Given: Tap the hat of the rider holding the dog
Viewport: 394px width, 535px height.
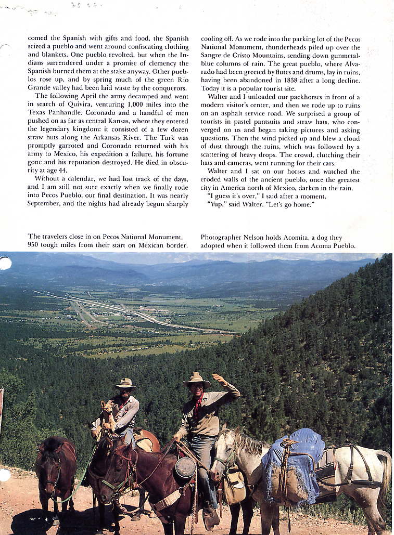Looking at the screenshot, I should click(125, 384).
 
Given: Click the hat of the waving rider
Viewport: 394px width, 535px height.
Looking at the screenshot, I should click(196, 379).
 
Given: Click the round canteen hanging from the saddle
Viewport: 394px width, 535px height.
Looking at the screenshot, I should click(185, 467).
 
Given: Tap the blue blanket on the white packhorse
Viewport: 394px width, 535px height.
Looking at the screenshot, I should click(295, 458).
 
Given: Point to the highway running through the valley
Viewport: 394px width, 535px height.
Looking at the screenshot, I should click(130, 312).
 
